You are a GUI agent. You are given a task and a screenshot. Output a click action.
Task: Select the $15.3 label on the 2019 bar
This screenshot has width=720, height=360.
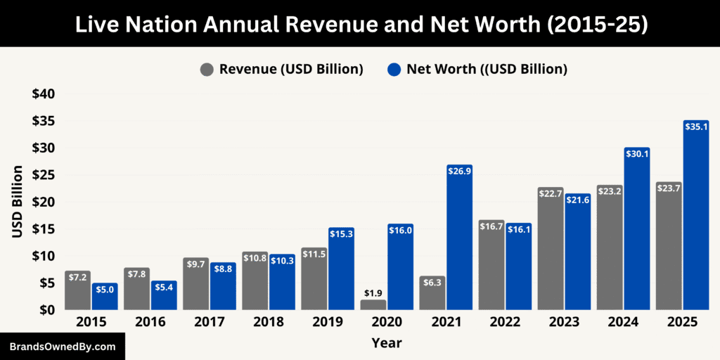tap(341, 233)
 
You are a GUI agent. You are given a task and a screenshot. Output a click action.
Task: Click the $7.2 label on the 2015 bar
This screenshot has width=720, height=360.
tap(78, 277)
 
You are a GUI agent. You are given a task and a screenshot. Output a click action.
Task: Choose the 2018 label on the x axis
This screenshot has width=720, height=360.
tap(269, 322)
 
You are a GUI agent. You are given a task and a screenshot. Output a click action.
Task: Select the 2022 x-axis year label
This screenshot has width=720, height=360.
tap(505, 322)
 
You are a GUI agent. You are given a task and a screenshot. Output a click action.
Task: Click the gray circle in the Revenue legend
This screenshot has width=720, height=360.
tap(207, 69)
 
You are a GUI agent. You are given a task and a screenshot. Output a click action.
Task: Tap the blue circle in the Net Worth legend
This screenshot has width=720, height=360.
tap(394, 69)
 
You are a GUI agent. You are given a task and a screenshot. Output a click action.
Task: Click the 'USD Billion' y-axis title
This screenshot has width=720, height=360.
tap(18, 201)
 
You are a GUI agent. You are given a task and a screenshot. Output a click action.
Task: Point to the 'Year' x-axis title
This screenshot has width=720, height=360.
tap(387, 343)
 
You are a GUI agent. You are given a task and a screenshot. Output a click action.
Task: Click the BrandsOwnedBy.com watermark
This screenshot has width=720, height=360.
tap(62, 347)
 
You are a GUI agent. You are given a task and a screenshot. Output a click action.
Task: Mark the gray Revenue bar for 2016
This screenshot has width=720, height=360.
tap(137, 289)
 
